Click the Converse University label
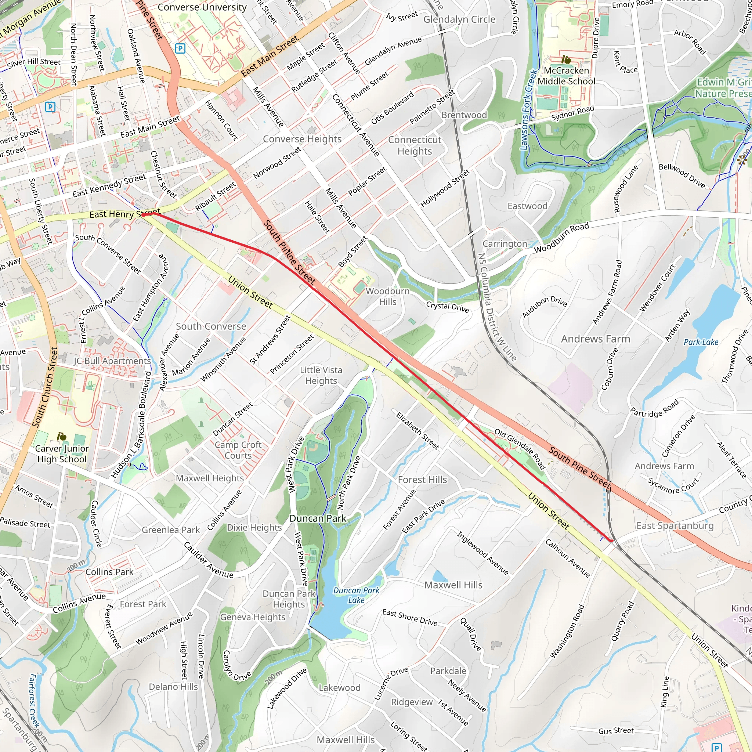[x=202, y=7]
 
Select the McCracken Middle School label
[x=566, y=76]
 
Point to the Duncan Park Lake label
[x=356, y=595]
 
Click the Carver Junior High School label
[x=62, y=453]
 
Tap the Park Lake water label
[x=701, y=342]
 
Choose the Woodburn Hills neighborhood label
[x=387, y=296]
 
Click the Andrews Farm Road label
[x=607, y=292]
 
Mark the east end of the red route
[x=612, y=540]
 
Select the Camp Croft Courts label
[x=238, y=450]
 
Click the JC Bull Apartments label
[x=112, y=361]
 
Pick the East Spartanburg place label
[x=675, y=525]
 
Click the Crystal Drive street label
[x=447, y=307]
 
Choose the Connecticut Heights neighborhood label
[x=415, y=145]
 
